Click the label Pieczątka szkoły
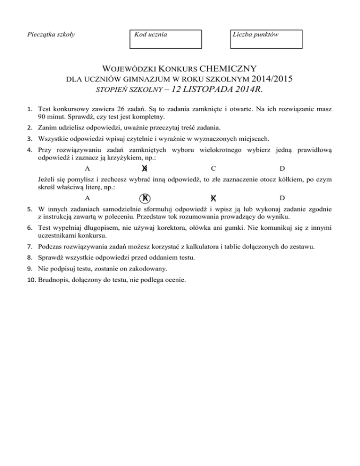[45, 34]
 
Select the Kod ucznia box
[165, 39]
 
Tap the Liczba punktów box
[267, 39]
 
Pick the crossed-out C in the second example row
[213, 199]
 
